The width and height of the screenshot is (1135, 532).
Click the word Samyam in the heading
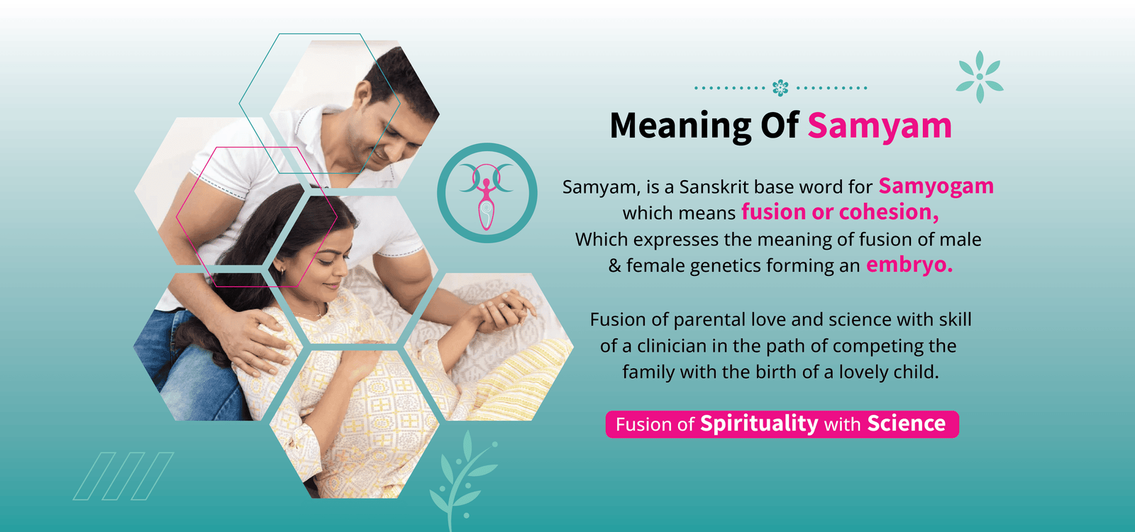point(879,126)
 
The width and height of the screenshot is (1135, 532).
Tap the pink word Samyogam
point(936,186)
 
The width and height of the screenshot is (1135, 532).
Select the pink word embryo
point(909,265)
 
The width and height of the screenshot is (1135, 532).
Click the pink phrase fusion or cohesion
point(840,212)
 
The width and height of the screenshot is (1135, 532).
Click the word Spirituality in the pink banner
point(758,423)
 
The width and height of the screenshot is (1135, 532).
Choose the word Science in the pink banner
point(906,423)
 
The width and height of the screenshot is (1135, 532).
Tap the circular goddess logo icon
point(487,193)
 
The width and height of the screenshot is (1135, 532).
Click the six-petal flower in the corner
point(980,77)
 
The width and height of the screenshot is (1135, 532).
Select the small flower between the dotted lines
point(780,88)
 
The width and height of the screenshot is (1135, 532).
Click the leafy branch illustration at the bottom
point(461,475)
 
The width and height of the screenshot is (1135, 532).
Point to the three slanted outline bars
point(123,476)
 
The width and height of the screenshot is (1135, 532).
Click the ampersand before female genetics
point(614,266)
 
